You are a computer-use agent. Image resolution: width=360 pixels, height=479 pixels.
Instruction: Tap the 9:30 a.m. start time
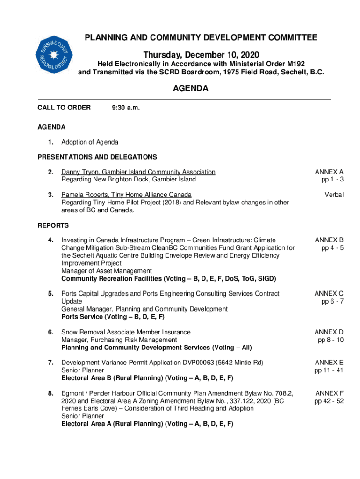[126, 108]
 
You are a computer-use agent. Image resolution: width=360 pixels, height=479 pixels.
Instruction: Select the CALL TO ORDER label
[64, 108]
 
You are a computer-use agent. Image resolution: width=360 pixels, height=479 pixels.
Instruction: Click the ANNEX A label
[329, 172]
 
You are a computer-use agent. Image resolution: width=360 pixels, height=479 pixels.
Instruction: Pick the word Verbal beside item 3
[333, 195]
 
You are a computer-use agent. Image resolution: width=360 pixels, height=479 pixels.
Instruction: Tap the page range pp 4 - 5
[332, 248]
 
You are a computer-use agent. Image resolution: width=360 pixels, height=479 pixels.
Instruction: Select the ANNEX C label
[329, 293]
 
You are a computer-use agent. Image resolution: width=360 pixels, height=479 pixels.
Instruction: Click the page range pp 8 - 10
[331, 340]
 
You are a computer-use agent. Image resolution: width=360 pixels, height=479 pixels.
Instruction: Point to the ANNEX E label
[329, 362]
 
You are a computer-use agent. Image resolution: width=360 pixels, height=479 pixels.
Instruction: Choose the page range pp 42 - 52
[329, 401]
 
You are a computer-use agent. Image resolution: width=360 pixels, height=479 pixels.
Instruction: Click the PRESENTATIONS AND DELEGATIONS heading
[97, 157]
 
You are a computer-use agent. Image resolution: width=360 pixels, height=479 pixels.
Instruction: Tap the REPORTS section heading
[53, 225]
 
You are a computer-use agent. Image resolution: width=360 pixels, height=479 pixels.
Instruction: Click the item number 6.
[50, 332]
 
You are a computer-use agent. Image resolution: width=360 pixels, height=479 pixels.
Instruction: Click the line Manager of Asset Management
[107, 271]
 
